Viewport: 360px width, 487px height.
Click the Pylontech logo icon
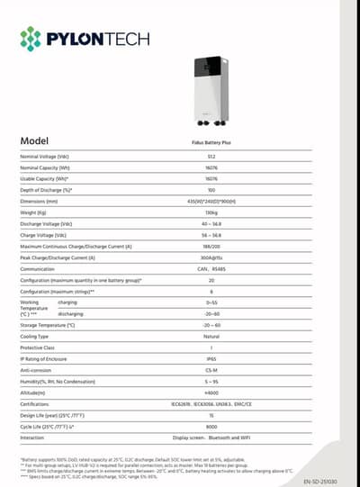31,39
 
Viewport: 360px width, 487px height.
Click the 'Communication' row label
38,268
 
